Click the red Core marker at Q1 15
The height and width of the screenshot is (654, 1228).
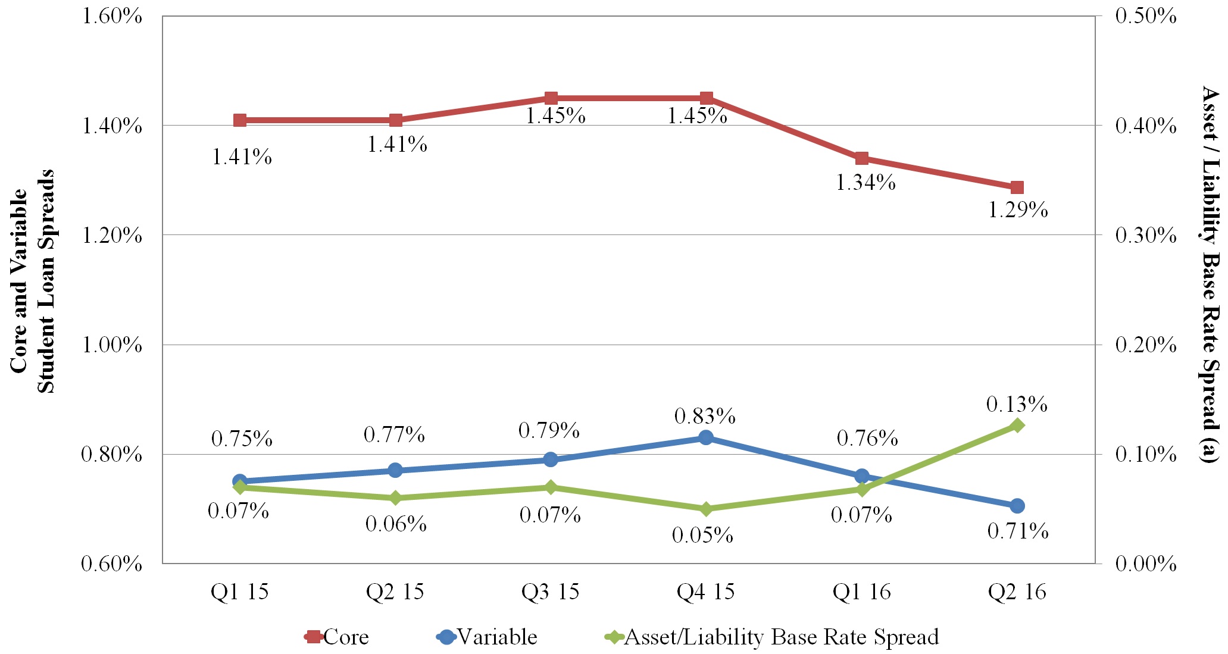click(x=240, y=120)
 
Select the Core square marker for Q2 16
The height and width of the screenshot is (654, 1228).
click(x=1017, y=187)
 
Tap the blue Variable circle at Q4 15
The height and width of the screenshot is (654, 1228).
click(x=706, y=438)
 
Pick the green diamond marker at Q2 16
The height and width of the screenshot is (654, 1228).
click(x=1017, y=425)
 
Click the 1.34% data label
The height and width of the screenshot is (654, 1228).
click(x=865, y=183)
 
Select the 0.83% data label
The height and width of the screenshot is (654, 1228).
click(x=705, y=417)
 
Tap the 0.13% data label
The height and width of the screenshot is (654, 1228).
click(x=1017, y=405)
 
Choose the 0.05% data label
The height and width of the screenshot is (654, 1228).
click(x=702, y=536)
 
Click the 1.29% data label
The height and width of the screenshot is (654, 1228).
click(x=1018, y=210)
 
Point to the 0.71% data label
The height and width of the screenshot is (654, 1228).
click(x=1018, y=531)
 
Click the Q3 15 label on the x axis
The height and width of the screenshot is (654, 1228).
click(x=550, y=592)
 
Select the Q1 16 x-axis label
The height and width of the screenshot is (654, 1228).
click(x=861, y=592)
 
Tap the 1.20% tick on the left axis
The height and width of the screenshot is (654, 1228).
click(x=111, y=236)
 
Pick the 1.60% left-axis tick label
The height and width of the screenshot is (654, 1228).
click(x=111, y=16)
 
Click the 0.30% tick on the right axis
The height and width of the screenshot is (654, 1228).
click(x=1146, y=236)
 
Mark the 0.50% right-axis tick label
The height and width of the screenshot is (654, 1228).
click(x=1146, y=16)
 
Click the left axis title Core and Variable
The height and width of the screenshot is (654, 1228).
click(x=19, y=281)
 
